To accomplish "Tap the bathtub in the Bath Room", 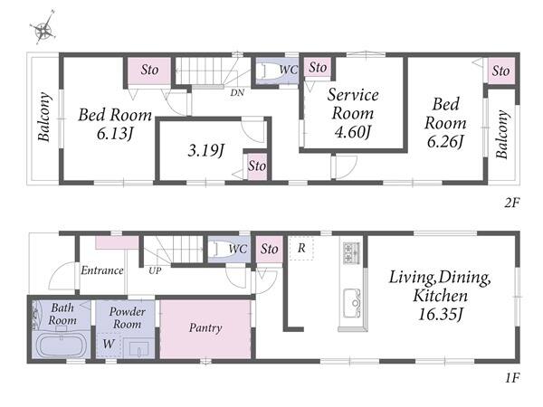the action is point(62,345).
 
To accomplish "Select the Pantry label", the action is point(205,327).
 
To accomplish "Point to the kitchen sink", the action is point(352,303).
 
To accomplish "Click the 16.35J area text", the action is point(440,314).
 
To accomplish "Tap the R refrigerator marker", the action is point(301,248).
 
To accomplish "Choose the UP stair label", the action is point(155,270).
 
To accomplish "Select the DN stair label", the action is point(237,93).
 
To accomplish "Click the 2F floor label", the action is point(512,203).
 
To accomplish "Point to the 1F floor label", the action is point(512,378).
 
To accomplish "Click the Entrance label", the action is point(102,270).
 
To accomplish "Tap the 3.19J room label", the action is point(206,150).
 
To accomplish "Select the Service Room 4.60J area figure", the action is point(353,131).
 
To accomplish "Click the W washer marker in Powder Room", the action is point(109,344).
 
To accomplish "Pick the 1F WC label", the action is point(238,249).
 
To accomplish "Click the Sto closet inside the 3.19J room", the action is point(257,166).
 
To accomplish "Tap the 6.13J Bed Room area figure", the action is point(115,134).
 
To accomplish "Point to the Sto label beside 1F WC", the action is point(270,249).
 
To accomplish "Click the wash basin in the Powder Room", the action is point(138,348).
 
